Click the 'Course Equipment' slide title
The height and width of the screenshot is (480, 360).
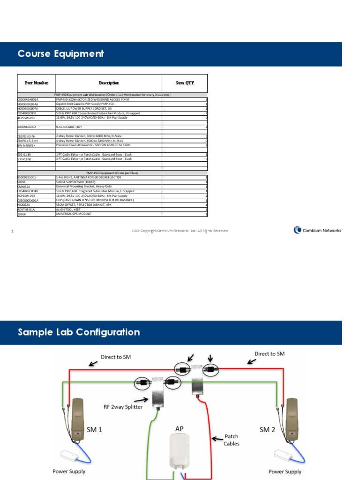pyautogui.click(x=60, y=54)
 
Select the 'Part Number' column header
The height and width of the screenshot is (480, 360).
pyautogui.click(x=36, y=83)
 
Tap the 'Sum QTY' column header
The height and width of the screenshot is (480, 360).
pyautogui.click(x=185, y=83)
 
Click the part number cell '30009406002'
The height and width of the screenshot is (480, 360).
pyautogui.click(x=27, y=127)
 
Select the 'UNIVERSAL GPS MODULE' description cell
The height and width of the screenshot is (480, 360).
pyautogui.click(x=74, y=214)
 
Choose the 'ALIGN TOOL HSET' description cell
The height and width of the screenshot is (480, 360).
pyautogui.click(x=68, y=210)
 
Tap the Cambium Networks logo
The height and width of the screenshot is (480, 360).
pyautogui.click(x=318, y=230)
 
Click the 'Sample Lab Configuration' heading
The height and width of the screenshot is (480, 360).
pyautogui.click(x=79, y=332)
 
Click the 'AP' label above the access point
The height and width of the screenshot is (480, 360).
pyautogui.click(x=180, y=428)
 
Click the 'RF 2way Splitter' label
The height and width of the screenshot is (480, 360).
pyautogui.click(x=123, y=406)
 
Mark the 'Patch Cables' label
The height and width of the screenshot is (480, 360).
pyautogui.click(x=232, y=440)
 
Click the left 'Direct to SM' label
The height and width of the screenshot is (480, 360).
pyautogui.click(x=116, y=357)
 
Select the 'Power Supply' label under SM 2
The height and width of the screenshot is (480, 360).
pyautogui.click(x=285, y=471)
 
